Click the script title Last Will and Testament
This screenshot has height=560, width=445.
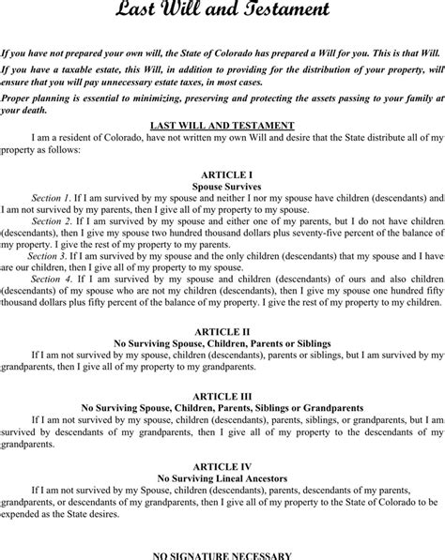(222, 12)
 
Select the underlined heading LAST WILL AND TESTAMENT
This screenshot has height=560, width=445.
(222, 125)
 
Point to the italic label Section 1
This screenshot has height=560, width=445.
(51, 199)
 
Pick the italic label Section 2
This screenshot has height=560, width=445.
(51, 221)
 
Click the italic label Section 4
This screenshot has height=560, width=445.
(51, 278)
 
